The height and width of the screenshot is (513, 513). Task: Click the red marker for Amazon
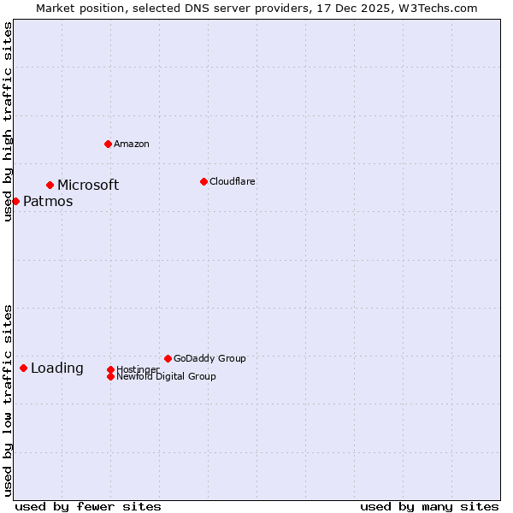[108, 144]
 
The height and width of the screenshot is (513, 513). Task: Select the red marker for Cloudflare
[203, 181]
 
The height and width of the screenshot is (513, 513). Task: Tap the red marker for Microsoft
[50, 185]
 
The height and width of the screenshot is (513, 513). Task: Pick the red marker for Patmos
[15, 201]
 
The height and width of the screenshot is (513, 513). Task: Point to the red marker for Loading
[23, 368]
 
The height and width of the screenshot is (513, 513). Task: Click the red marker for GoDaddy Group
[168, 358]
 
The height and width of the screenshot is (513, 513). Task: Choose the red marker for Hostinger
[110, 369]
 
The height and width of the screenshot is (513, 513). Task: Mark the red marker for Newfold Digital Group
[110, 376]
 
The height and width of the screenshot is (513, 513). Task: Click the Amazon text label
[132, 144]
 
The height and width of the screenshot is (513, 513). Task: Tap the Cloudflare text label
[232, 181]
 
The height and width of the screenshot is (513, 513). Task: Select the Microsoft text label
[88, 185]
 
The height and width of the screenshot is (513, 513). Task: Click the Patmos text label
[48, 202]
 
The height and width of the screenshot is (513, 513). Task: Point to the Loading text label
[57, 369]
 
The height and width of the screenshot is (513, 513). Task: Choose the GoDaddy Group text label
[209, 358]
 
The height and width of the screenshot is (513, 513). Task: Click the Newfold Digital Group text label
[166, 376]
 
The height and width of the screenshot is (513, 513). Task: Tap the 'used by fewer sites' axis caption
[88, 506]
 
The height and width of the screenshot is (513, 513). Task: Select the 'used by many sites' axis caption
[429, 506]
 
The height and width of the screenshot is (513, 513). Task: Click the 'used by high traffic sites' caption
[8, 121]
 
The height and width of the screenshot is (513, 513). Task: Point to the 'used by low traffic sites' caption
[8, 399]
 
